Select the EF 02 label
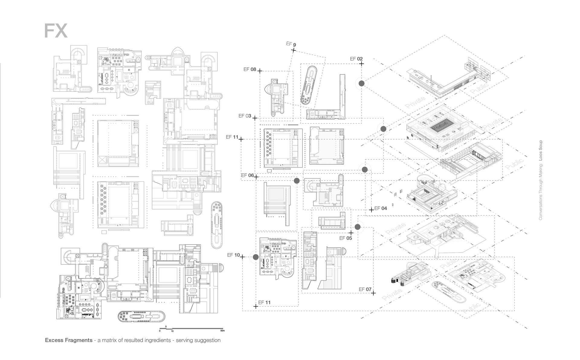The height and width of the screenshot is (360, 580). [356, 59]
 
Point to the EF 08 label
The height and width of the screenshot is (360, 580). [250, 69]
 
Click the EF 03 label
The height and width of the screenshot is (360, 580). [245, 116]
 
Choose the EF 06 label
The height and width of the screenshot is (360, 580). [247, 175]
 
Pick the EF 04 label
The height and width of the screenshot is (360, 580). [380, 208]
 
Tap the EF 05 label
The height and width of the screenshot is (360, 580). [346, 238]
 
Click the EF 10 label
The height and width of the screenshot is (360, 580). [233, 255]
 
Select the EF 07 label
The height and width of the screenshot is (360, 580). [365, 289]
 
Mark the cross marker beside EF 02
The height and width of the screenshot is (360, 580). [362, 63]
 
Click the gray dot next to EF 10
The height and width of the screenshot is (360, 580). [256, 257]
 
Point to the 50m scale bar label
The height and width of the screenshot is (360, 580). [222, 331]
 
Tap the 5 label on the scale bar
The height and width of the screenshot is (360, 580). [166, 327]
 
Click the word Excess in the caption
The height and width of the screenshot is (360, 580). [54, 340]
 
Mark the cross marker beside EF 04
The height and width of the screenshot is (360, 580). [372, 210]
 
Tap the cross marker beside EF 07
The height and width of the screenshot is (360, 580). [374, 293]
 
